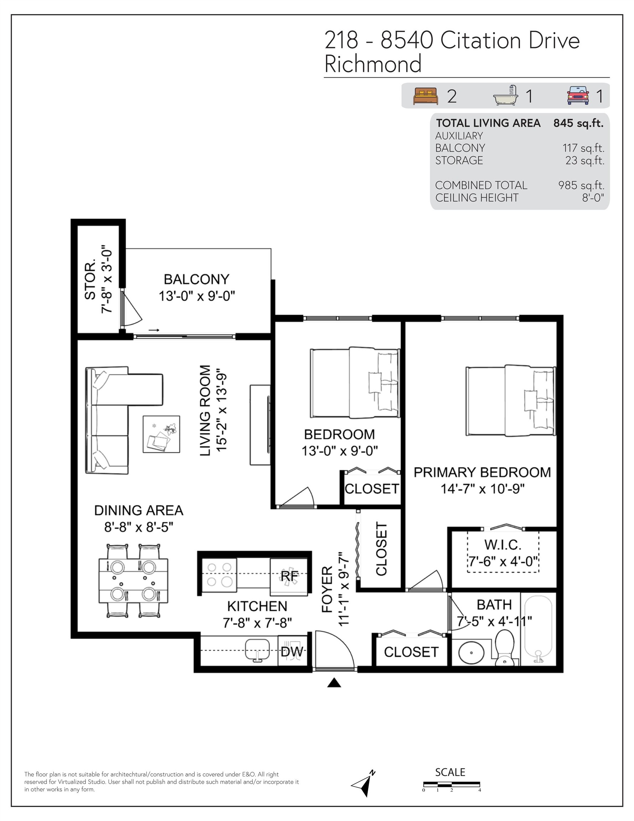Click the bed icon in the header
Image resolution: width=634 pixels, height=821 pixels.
pos(425,96)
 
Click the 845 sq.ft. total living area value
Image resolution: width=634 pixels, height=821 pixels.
pos(578,123)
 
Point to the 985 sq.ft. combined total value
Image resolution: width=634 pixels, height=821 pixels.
pos(581,185)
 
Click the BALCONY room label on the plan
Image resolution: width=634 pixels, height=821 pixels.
pos(197,279)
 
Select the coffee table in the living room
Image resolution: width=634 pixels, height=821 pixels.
pos(161,434)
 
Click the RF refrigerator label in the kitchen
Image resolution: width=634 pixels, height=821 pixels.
pos(289,575)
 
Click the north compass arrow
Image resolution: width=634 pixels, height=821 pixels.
pos(363,784)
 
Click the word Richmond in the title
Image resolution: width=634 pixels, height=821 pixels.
pos(373,64)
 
